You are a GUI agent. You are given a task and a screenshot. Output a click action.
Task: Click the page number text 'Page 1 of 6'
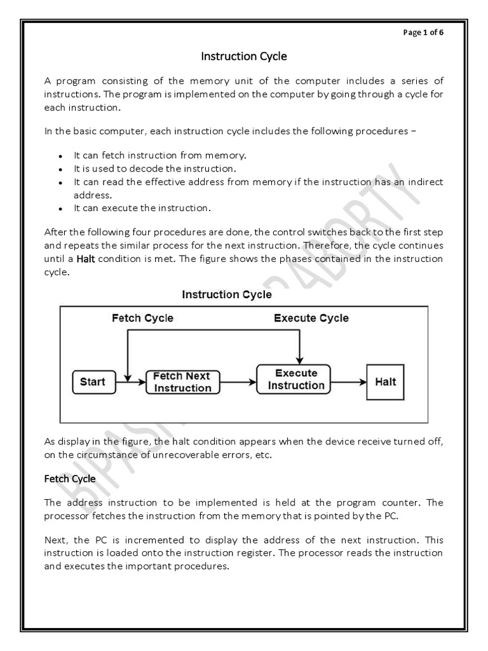424,34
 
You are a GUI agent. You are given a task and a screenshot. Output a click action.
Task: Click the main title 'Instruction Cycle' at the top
244,57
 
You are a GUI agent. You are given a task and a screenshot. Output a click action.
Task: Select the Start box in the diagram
92,382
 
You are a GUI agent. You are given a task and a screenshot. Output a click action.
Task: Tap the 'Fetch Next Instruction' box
182,382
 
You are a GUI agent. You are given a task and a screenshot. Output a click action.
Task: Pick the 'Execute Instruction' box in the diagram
295,380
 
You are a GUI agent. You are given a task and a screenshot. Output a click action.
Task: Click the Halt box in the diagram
385,381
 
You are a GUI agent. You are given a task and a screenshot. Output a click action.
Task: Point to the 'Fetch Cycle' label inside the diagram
142,318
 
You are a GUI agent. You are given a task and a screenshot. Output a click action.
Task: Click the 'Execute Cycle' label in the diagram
311,318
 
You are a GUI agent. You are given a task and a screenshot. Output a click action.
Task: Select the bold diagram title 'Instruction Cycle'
227,294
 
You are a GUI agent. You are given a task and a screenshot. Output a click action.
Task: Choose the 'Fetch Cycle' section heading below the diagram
70,478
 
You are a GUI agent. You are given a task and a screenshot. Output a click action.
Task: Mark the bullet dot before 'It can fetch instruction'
60,156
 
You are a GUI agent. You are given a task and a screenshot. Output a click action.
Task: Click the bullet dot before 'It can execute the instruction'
60,209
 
